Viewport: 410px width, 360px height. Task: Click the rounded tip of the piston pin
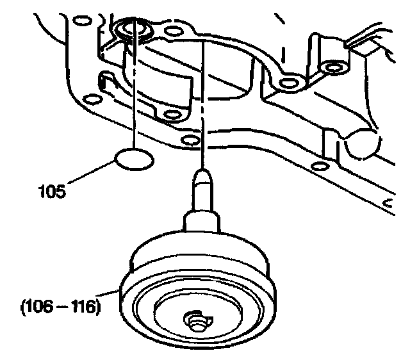click(202, 174)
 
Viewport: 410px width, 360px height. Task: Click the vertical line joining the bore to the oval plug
click(135, 96)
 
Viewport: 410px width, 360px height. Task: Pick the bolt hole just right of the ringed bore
click(171, 31)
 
